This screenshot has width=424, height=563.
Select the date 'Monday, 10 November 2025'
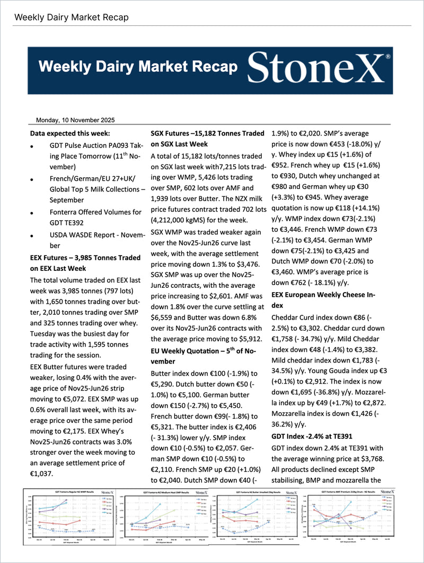[x=75, y=120]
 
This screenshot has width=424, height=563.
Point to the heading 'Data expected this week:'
[x=70, y=133]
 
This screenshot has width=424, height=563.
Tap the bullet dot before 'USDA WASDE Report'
[x=33, y=234]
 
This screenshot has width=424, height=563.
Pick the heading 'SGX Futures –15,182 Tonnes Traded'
[x=207, y=133]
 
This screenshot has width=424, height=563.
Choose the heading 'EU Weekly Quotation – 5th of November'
[x=207, y=356]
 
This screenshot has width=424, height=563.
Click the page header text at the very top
[x=71, y=17]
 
